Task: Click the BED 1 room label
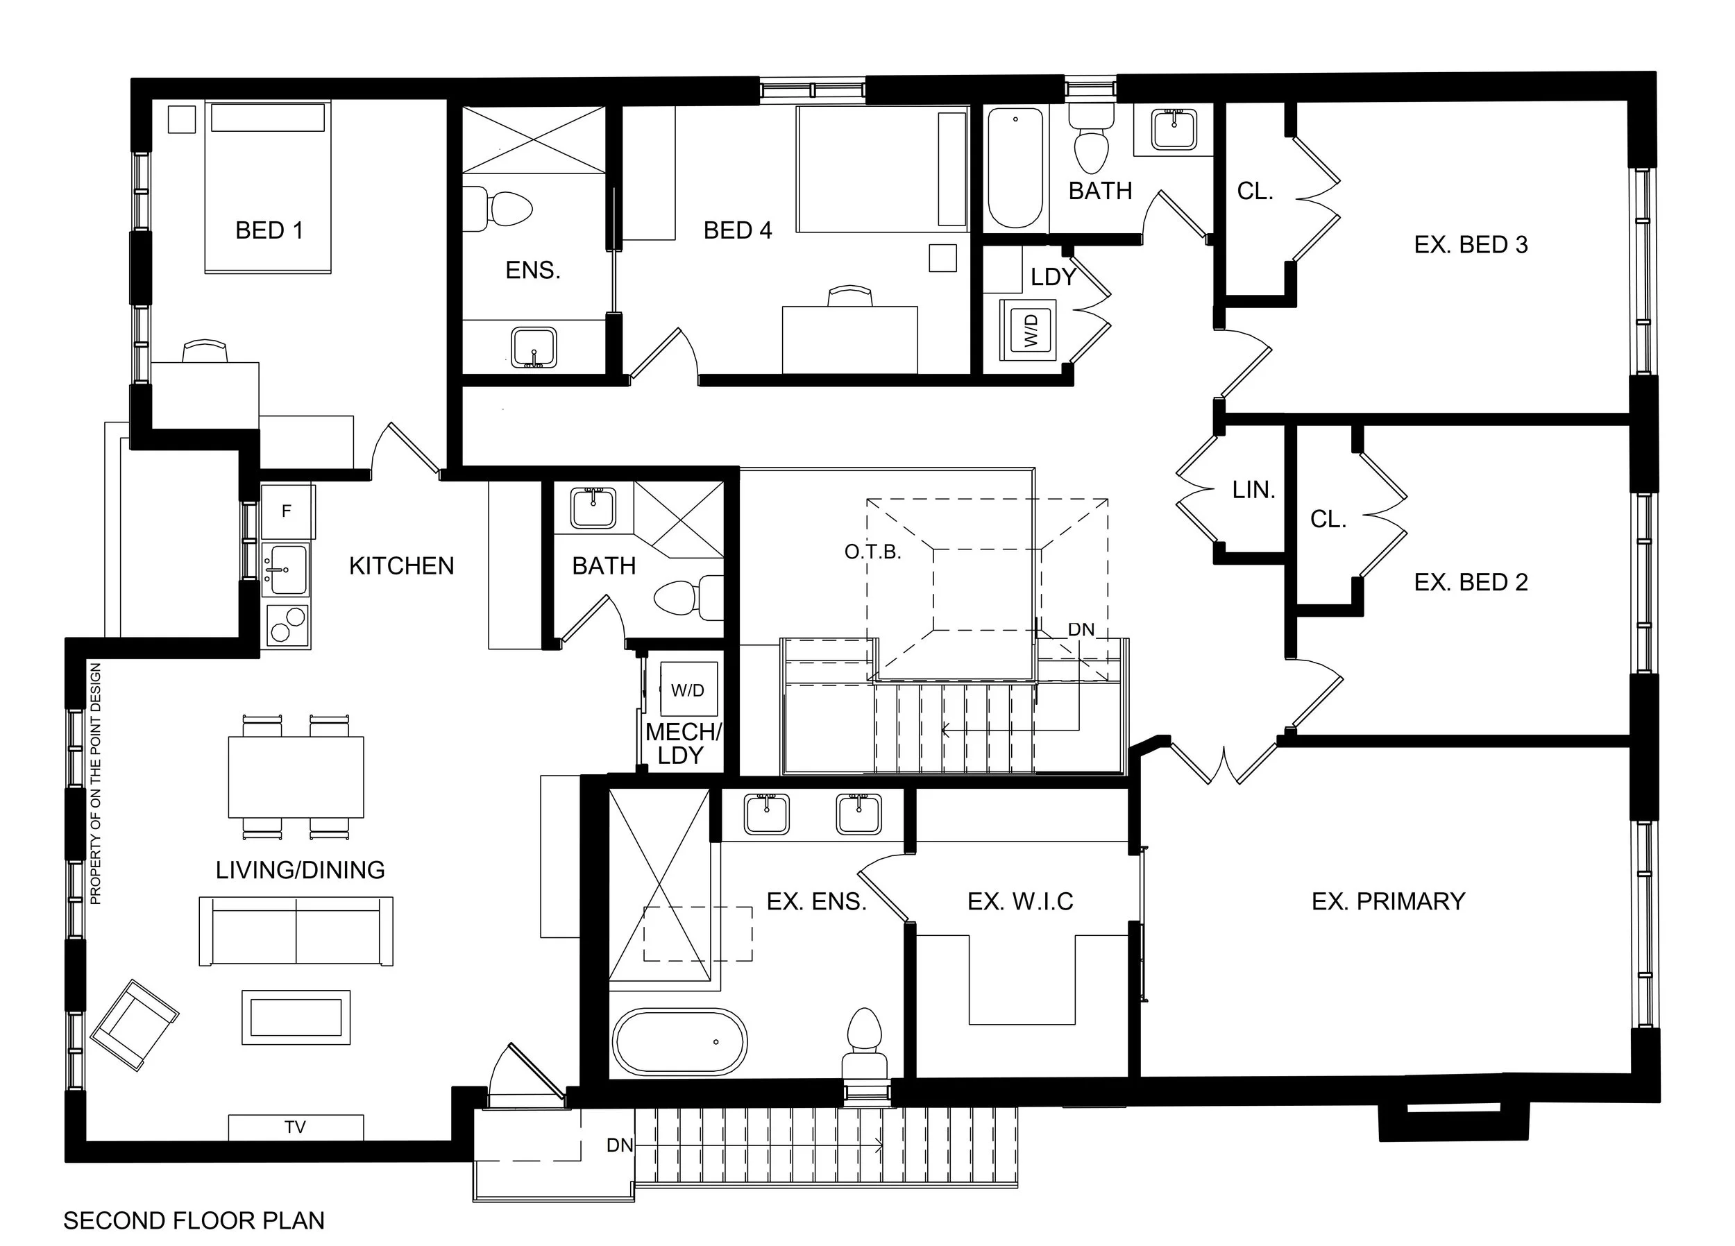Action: pyautogui.click(x=269, y=230)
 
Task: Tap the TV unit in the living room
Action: pyautogui.click(x=295, y=1127)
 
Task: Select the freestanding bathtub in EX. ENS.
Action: pyautogui.click(x=679, y=1042)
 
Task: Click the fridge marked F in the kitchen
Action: pyautogui.click(x=287, y=510)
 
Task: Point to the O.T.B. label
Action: pyautogui.click(x=873, y=552)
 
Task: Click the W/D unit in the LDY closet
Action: pyautogui.click(x=1030, y=330)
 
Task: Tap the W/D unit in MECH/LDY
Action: pyautogui.click(x=688, y=690)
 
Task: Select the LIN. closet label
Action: pyautogui.click(x=1253, y=490)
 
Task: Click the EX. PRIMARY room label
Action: pyautogui.click(x=1388, y=901)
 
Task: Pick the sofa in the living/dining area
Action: pyautogui.click(x=296, y=931)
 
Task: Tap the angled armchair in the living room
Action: pyautogui.click(x=135, y=1025)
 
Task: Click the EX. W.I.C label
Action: pyautogui.click(x=1019, y=901)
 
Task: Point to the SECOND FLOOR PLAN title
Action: pyautogui.click(x=194, y=1220)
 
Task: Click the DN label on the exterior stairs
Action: pyautogui.click(x=620, y=1145)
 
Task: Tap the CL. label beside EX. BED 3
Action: pyautogui.click(x=1255, y=191)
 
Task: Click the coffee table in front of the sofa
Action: pyautogui.click(x=296, y=1017)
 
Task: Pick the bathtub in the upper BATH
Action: pyautogui.click(x=1015, y=167)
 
